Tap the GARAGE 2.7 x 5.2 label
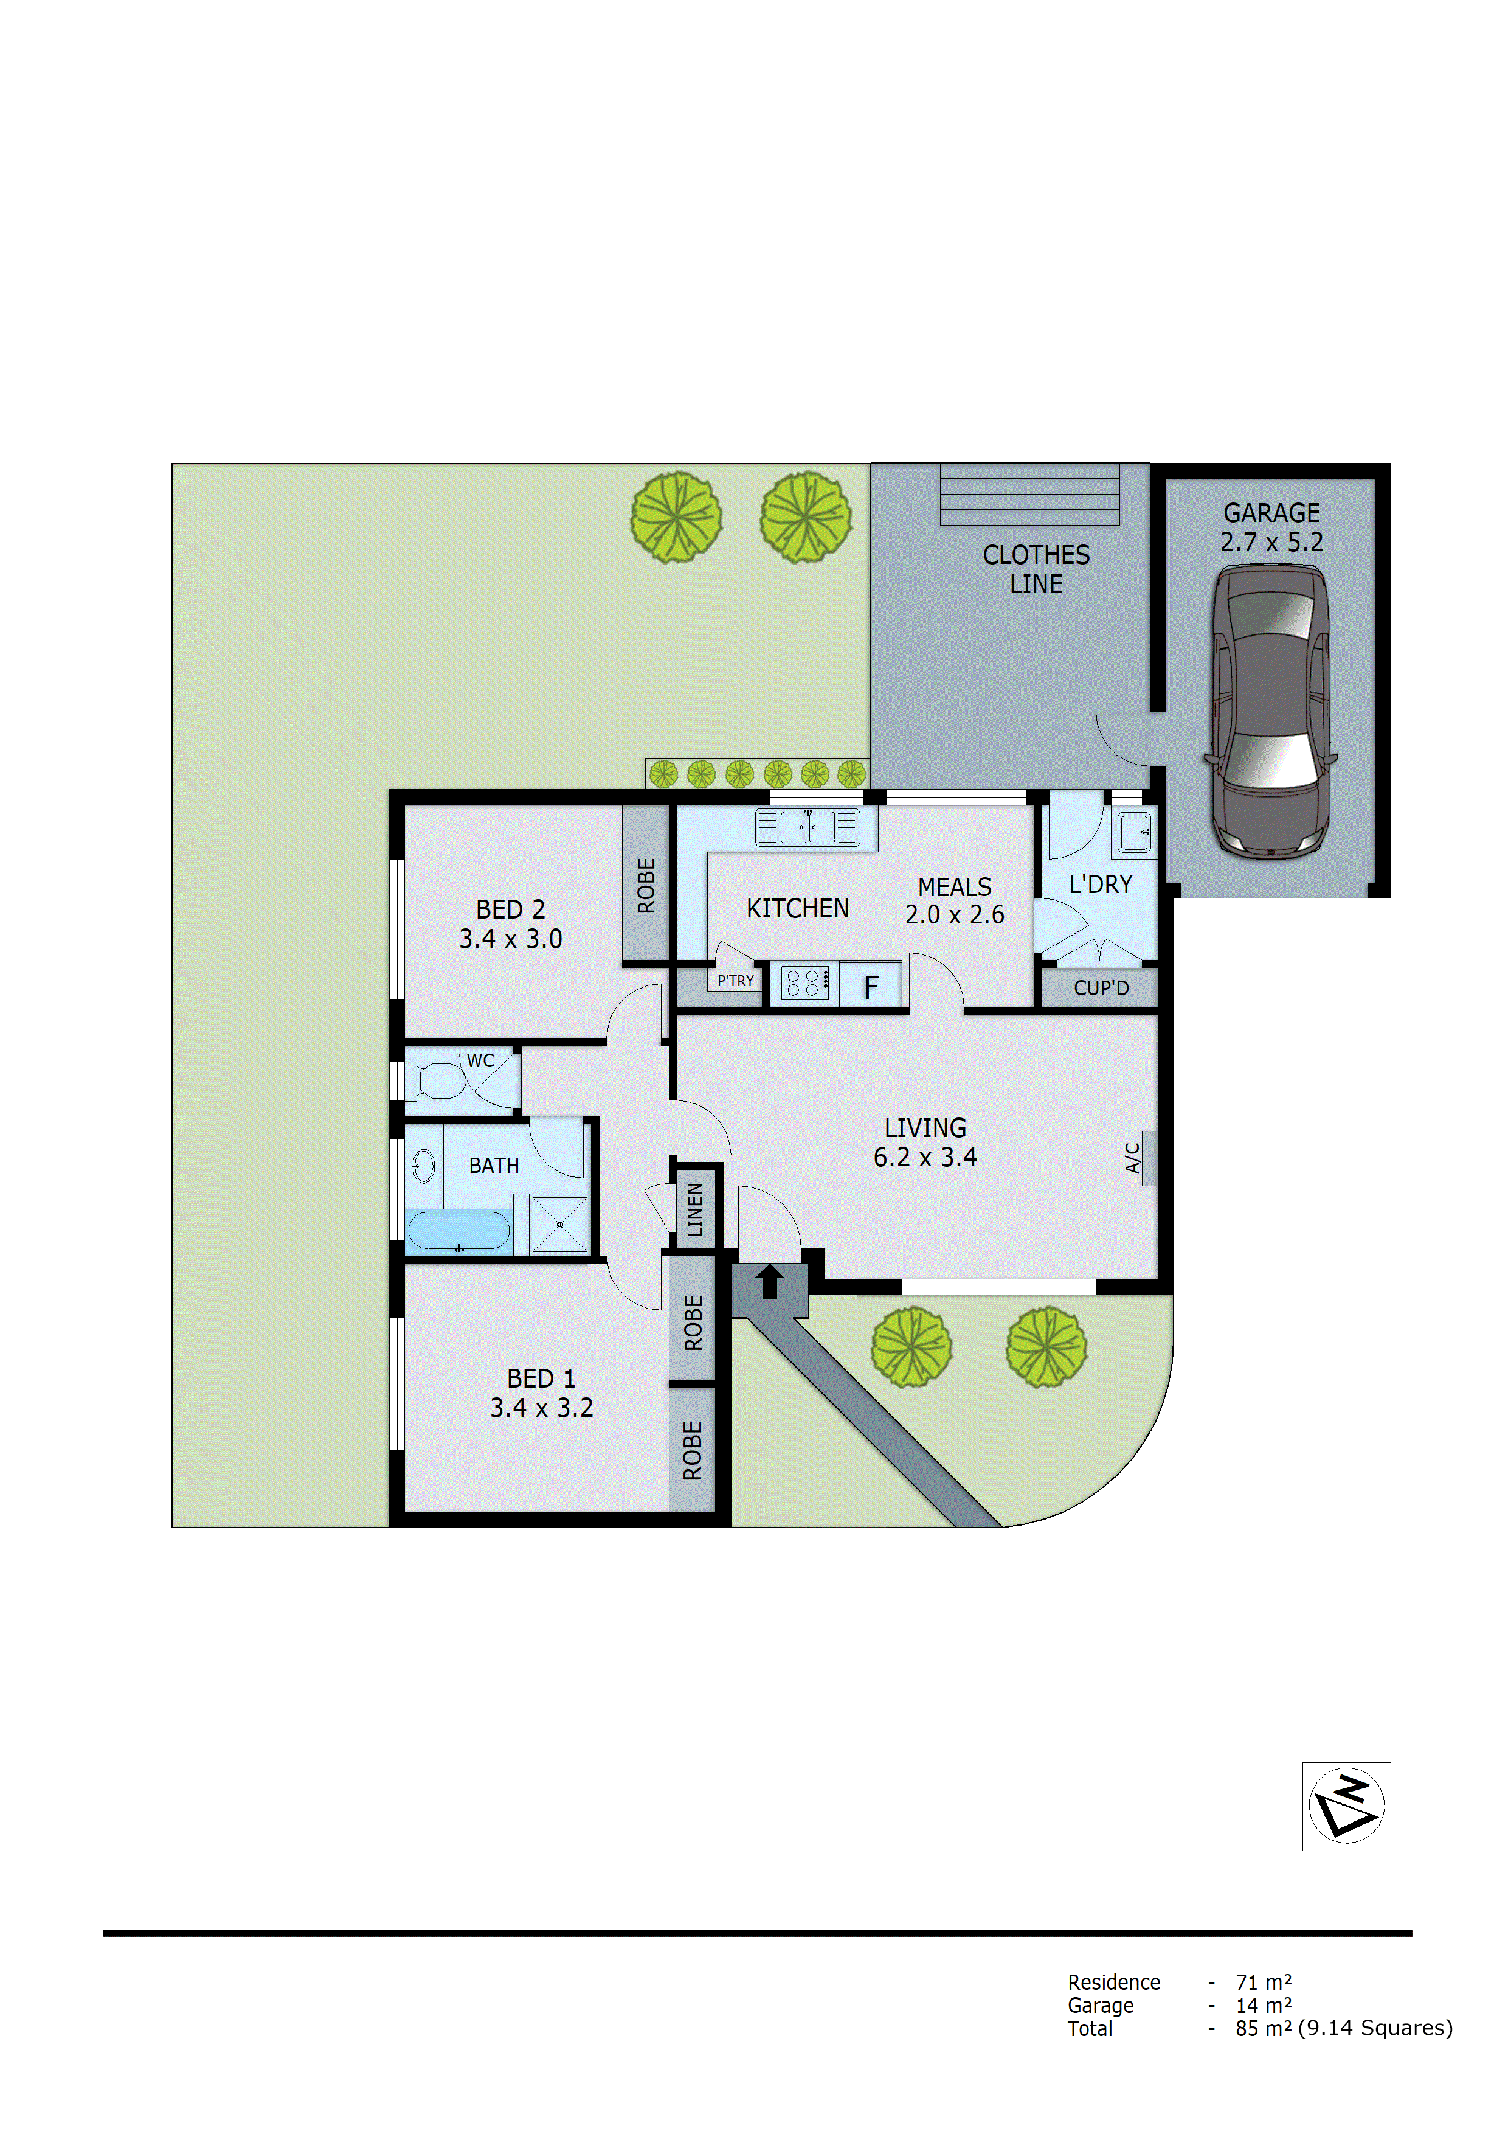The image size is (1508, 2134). (1271, 527)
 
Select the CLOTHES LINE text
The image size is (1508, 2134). (1036, 569)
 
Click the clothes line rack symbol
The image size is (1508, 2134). (1029, 495)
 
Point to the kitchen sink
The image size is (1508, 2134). (806, 826)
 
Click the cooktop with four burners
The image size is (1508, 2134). (804, 983)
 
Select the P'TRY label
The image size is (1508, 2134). (735, 981)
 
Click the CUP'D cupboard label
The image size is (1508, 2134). (1101, 988)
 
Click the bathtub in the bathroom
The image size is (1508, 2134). (458, 1231)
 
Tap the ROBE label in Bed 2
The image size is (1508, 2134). (646, 885)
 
